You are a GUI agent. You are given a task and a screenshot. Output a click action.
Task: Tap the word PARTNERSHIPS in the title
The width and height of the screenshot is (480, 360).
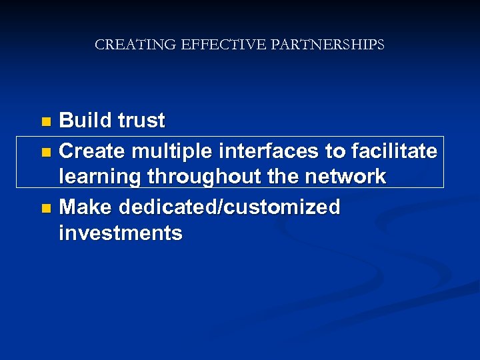pyautogui.click(x=328, y=45)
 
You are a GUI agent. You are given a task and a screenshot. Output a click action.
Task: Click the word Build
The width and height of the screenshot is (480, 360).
pyautogui.click(x=86, y=121)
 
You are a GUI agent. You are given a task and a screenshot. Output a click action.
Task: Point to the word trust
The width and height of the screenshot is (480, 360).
pyautogui.click(x=141, y=121)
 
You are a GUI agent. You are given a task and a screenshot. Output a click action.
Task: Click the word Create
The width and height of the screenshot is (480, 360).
pyautogui.click(x=93, y=151)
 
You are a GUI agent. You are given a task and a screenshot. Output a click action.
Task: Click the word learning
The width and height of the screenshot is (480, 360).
pyautogui.click(x=100, y=177)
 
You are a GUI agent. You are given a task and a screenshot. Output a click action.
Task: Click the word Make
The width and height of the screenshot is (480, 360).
pyautogui.click(x=86, y=207)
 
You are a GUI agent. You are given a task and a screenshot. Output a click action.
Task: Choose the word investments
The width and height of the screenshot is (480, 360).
pyautogui.click(x=121, y=233)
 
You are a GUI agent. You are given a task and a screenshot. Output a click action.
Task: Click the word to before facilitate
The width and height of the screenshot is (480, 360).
pyautogui.click(x=335, y=152)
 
